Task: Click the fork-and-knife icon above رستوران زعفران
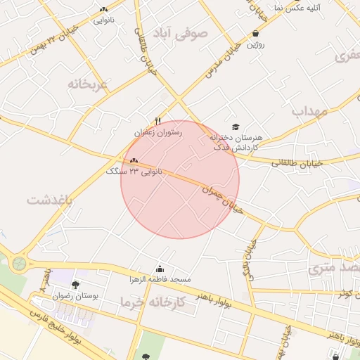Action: (158, 121)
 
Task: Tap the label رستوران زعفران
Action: (158, 131)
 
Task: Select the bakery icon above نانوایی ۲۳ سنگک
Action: (134, 161)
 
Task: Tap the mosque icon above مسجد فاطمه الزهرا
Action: (160, 269)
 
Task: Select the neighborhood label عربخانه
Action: (89, 84)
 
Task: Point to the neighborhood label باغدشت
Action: (50, 200)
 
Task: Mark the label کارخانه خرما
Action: (152, 302)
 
